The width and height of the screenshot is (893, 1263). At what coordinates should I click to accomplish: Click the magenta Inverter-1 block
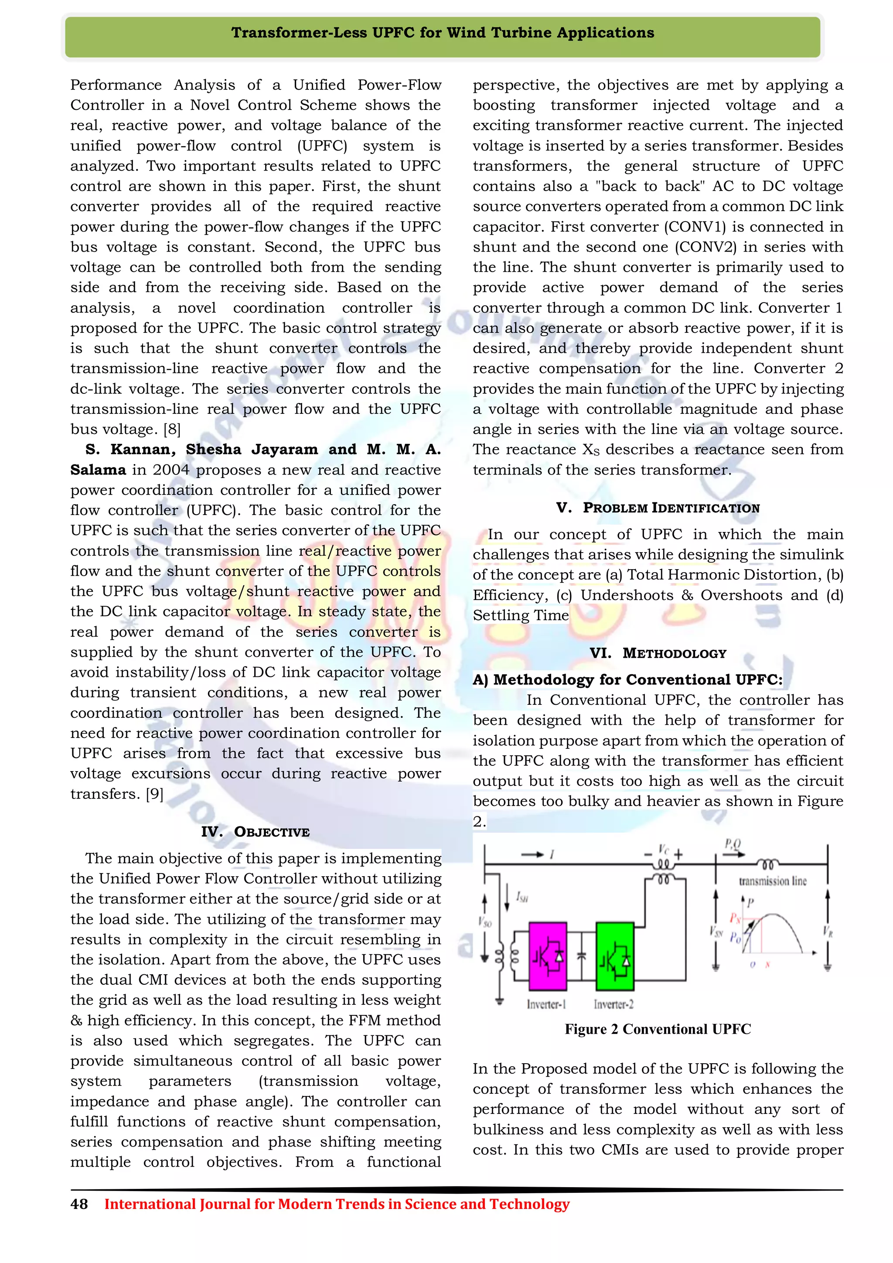547,956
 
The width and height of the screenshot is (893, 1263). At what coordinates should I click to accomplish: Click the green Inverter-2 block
615,956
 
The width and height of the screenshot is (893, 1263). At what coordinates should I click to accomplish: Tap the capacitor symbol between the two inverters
581,956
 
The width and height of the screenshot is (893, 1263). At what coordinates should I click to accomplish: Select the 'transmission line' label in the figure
773,881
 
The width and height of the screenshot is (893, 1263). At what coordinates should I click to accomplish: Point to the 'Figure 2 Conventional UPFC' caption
658,1029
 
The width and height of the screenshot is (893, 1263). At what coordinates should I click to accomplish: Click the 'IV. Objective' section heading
255,832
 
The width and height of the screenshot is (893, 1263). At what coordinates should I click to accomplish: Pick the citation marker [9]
154,794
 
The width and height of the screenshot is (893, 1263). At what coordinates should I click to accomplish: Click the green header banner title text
443,33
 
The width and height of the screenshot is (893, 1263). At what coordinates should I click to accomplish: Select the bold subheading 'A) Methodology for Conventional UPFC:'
627,679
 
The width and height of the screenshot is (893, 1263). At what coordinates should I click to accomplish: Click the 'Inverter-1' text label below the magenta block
547,1004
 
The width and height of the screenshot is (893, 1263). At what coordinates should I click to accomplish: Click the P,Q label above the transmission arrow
733,844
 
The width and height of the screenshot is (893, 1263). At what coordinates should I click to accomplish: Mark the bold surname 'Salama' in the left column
98,470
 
